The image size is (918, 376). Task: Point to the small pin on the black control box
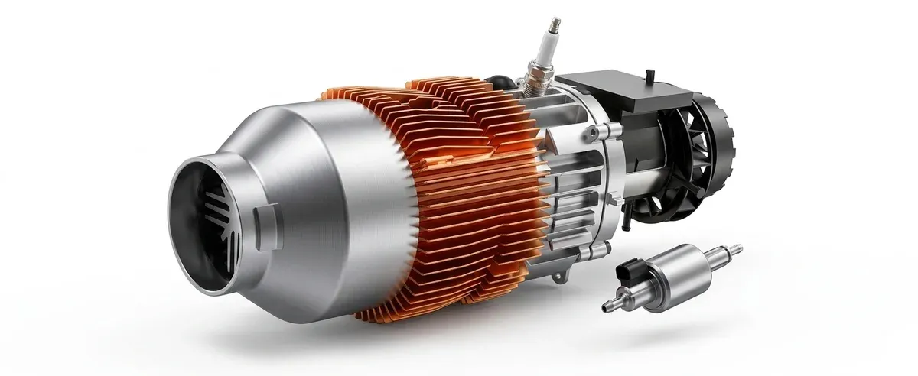[649, 75]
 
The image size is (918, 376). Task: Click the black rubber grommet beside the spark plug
[502, 79]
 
